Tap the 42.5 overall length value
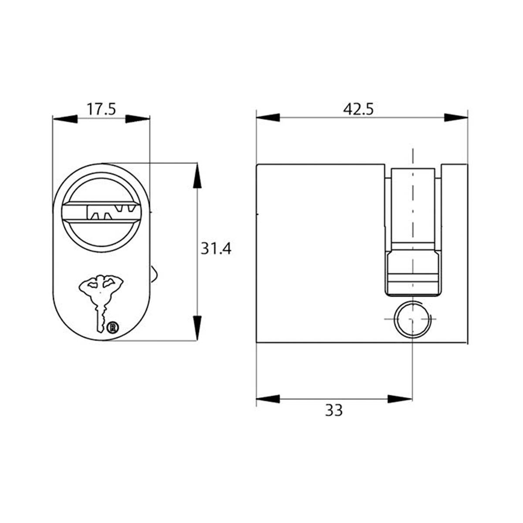(358, 109)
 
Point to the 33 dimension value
(334, 410)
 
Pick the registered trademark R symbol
(112, 327)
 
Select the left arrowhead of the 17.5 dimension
(65, 118)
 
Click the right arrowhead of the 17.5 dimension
(138, 118)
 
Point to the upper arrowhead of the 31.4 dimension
(197, 177)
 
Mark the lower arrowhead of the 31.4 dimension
(197, 328)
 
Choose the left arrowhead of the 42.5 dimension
(268, 117)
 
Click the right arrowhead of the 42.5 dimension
(456, 117)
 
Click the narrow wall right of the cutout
(455, 253)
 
